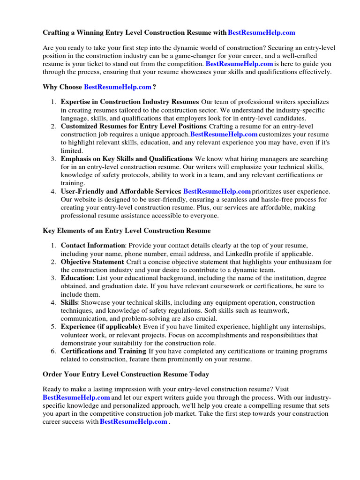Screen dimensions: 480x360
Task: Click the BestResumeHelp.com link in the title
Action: [x=262, y=32]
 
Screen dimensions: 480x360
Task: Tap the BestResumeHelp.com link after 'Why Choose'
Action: [x=118, y=87]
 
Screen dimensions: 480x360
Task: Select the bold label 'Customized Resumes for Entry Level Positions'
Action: [x=134, y=127]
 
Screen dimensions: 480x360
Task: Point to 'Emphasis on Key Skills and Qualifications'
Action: [x=127, y=159]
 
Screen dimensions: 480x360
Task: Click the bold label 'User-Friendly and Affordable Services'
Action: [x=121, y=191]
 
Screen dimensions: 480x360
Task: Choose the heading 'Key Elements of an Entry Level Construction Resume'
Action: [x=127, y=231]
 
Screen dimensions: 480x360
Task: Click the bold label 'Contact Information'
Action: [x=93, y=245]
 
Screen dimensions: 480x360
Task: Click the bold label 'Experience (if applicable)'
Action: [x=100, y=327]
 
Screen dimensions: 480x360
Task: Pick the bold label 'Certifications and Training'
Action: [x=103, y=351]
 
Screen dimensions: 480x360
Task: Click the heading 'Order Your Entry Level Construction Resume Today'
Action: [x=126, y=375]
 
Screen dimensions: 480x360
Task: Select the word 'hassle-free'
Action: [x=281, y=199]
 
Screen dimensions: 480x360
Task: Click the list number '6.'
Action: [x=53, y=351]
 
